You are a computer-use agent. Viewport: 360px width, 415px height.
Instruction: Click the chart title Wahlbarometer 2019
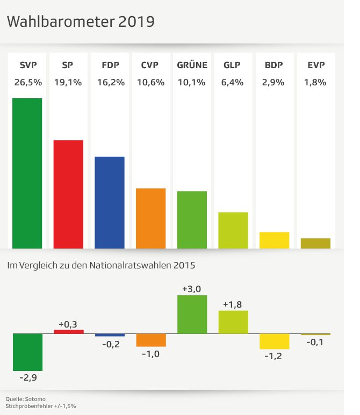[x=81, y=22]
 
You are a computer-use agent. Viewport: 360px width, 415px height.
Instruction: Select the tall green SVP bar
[x=27, y=173]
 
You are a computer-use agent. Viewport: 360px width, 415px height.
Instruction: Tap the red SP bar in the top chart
[x=68, y=194]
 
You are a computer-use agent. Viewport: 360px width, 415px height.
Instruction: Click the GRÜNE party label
[x=192, y=66]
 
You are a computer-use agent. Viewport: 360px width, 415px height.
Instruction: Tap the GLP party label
[x=232, y=66]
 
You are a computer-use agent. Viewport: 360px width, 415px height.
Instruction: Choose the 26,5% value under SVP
[x=27, y=83]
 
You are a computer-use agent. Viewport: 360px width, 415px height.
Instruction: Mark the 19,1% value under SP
[x=68, y=83]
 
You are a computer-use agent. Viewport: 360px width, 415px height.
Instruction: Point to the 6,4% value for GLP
[x=233, y=83]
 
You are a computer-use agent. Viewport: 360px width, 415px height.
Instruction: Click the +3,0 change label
[x=192, y=289]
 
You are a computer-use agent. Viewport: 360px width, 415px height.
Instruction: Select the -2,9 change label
[x=27, y=377]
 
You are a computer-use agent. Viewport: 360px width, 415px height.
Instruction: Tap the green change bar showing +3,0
[x=192, y=314]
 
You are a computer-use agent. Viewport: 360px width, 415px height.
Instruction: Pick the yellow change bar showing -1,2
[x=274, y=341]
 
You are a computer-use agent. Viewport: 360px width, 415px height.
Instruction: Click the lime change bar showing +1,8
[x=233, y=322]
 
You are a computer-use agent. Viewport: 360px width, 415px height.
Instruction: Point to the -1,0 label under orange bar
[x=150, y=354]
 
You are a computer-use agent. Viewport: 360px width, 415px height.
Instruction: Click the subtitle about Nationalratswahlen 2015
[x=100, y=265]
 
